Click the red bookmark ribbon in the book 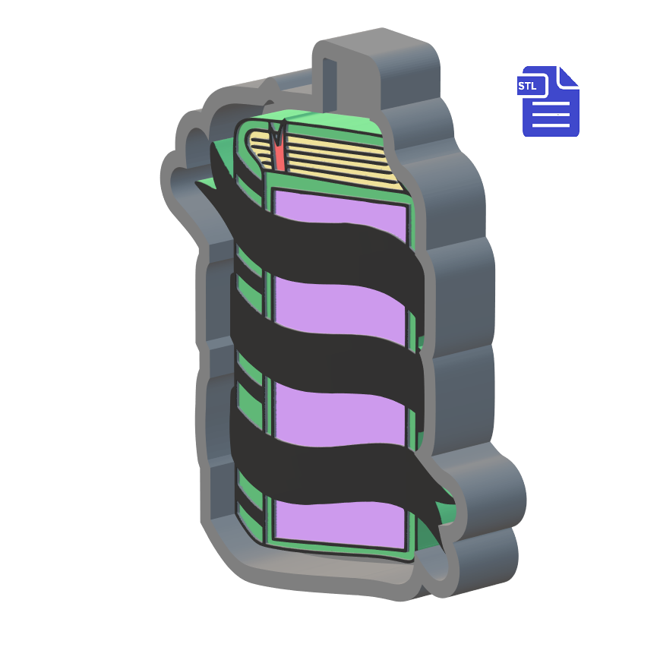(x=279, y=152)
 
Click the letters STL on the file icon (x=528, y=86)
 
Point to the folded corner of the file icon (x=568, y=76)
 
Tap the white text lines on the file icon (x=551, y=118)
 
